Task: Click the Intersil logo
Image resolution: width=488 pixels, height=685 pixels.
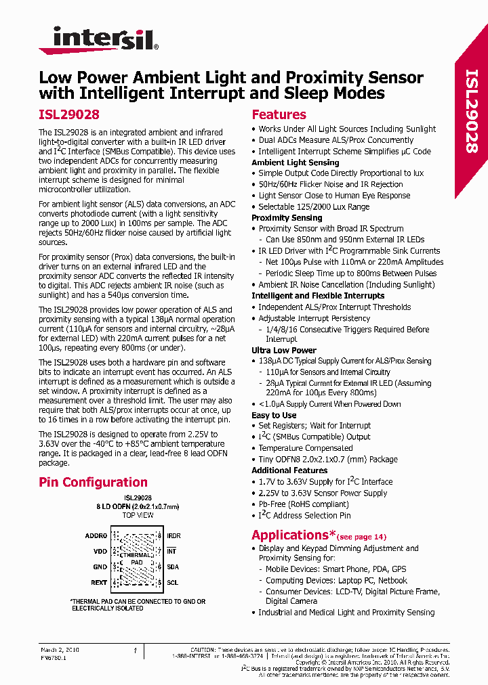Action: tap(99, 40)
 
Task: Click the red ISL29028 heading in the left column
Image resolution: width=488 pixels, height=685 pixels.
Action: tap(69, 115)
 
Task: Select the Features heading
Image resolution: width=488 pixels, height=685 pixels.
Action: tap(279, 115)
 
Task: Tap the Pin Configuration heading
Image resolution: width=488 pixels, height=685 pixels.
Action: tap(93, 483)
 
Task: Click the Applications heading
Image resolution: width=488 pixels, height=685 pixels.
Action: tap(289, 535)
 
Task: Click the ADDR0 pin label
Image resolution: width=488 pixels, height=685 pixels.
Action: tap(96, 535)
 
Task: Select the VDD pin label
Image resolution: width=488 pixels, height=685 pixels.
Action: tap(100, 551)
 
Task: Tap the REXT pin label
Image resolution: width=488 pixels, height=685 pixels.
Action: tap(98, 582)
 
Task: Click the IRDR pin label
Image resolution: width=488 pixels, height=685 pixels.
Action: tap(174, 535)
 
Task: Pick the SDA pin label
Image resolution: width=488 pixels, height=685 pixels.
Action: tap(172, 567)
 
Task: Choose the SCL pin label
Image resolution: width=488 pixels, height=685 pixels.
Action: tap(172, 582)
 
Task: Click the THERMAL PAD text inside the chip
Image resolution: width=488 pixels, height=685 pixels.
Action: tap(136, 558)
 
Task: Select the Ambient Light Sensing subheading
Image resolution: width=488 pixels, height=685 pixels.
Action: tap(295, 162)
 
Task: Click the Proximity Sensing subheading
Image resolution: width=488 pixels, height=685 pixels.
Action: tap(287, 218)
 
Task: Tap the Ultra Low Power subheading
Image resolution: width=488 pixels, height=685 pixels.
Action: tap(284, 351)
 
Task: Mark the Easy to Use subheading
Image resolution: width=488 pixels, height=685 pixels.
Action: tap(274, 415)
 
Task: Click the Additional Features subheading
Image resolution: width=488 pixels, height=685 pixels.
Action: tap(289, 470)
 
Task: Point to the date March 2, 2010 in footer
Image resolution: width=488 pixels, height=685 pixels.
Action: tap(60, 650)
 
